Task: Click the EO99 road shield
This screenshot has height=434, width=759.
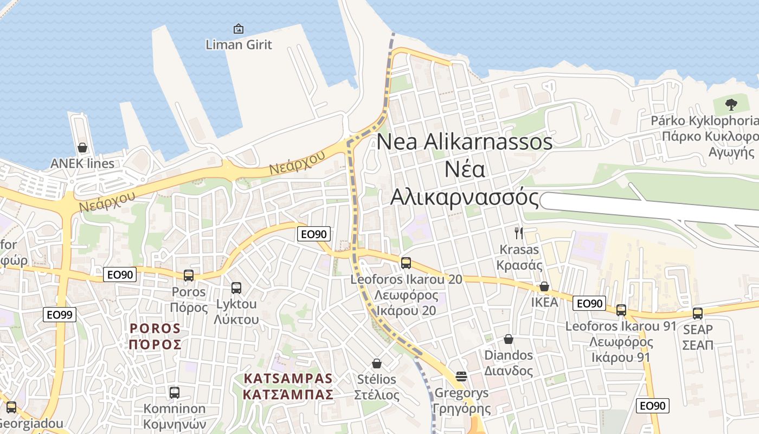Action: click(x=60, y=315)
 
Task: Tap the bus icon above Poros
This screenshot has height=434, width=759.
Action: click(x=189, y=275)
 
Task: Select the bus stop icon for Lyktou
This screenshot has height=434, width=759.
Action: click(x=236, y=288)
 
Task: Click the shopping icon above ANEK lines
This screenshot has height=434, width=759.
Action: click(x=82, y=148)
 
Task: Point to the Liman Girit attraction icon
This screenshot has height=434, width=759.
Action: click(x=238, y=29)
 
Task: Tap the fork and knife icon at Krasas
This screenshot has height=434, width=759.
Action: click(x=519, y=233)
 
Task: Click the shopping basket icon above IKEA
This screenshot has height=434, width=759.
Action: click(x=544, y=286)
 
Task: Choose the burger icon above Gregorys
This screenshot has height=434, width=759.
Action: click(x=461, y=376)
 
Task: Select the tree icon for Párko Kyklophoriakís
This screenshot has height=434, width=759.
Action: click(x=731, y=104)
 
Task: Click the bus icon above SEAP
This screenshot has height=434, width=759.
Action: click(x=698, y=313)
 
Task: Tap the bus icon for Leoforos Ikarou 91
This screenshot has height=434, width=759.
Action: click(x=621, y=310)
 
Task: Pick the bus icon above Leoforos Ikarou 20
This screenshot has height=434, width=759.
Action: click(x=406, y=263)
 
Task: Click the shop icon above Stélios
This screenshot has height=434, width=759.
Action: click(x=377, y=363)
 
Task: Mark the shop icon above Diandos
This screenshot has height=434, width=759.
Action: click(x=509, y=339)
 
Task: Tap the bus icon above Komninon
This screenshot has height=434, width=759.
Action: click(x=175, y=392)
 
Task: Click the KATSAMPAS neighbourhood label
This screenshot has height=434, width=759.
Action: click(x=288, y=386)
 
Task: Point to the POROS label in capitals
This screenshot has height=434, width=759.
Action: click(x=155, y=336)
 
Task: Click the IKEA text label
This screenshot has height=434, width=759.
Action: click(x=544, y=302)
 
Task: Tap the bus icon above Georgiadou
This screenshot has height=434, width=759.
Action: click(x=11, y=407)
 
